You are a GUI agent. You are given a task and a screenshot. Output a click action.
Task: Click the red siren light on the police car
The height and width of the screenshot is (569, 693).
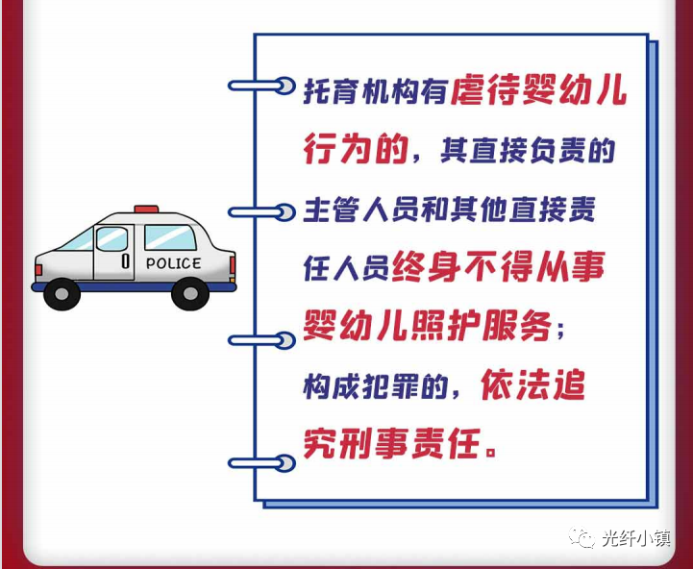pyautogui.click(x=146, y=210)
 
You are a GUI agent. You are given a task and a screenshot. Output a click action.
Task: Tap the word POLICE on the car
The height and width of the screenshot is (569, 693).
pyautogui.click(x=173, y=263)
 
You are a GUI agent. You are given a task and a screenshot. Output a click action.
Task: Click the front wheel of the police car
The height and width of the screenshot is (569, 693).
pyautogui.click(x=62, y=294)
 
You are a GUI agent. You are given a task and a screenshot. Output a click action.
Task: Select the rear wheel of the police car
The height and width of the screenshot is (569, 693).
pyautogui.click(x=190, y=293)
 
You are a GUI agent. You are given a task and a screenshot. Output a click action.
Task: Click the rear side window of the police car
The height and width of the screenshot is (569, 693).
pyautogui.click(x=170, y=237)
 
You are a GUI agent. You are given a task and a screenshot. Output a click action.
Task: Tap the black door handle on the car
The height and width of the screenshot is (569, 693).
pyautogui.click(x=126, y=260)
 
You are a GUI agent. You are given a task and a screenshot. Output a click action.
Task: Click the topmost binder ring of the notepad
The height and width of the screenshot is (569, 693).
pyautogui.click(x=261, y=86)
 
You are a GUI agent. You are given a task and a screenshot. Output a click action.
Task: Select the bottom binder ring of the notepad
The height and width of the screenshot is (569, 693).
pyautogui.click(x=261, y=463)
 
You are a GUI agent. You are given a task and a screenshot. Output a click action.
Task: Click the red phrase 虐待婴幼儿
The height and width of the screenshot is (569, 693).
pyautogui.click(x=539, y=91)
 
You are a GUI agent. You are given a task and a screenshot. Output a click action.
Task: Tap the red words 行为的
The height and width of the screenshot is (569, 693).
pyautogui.click(x=356, y=149)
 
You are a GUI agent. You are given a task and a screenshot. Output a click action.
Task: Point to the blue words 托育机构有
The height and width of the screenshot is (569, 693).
pyautogui.click(x=375, y=91)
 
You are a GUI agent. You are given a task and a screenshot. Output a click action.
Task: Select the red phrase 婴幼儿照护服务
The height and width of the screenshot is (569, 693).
pyautogui.click(x=428, y=326)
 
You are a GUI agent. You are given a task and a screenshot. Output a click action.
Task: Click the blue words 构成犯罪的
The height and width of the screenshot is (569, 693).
pyautogui.click(x=375, y=387)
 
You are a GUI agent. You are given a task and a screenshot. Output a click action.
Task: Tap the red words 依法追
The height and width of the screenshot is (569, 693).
pyautogui.click(x=533, y=384)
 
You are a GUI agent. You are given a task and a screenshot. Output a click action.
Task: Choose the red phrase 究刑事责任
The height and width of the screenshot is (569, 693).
pyautogui.click(x=391, y=443)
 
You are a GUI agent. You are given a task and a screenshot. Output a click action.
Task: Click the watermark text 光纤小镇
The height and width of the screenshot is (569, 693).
pyautogui.click(x=636, y=538)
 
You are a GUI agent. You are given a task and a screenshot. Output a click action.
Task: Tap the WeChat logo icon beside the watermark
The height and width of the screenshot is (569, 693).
pyautogui.click(x=582, y=537)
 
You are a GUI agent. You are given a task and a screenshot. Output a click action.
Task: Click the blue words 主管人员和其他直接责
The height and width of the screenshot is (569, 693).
pyautogui.click(x=449, y=210)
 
